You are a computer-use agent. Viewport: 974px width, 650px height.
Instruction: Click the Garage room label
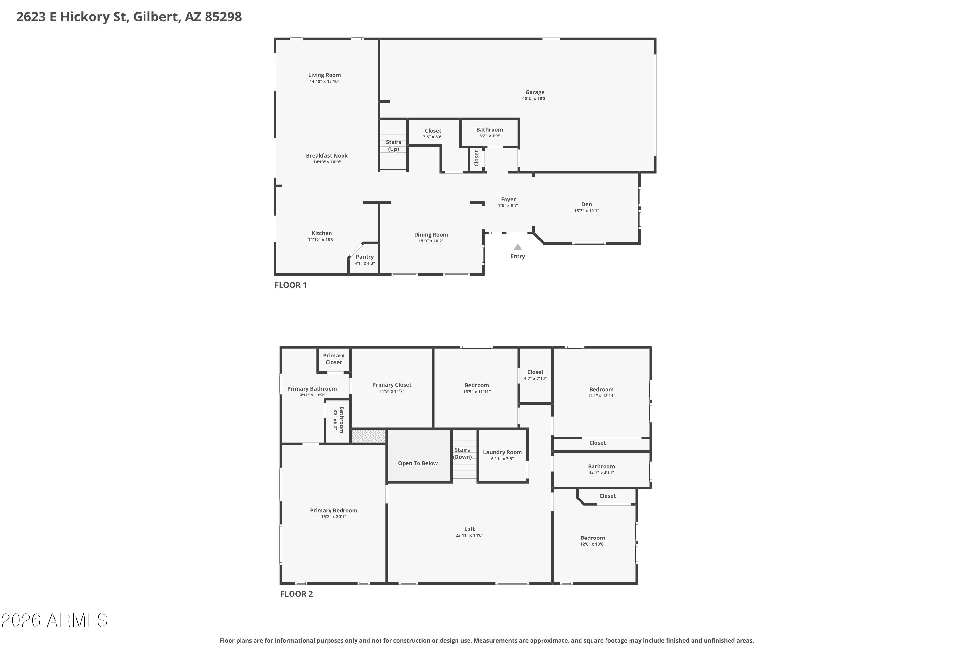(x=535, y=92)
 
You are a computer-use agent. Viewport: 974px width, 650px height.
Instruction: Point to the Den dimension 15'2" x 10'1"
(x=586, y=211)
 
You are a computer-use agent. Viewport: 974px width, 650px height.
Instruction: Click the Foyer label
(x=508, y=200)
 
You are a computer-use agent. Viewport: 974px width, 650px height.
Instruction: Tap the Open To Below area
(x=418, y=463)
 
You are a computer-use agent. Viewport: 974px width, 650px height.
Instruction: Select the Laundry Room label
(x=502, y=452)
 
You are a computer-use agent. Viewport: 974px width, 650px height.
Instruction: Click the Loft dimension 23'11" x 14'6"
(x=469, y=535)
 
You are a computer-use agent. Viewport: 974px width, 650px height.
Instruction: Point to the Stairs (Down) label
(x=462, y=453)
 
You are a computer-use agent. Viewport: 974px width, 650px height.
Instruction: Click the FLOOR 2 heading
(x=296, y=594)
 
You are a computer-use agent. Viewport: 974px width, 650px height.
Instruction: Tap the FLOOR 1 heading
(x=291, y=285)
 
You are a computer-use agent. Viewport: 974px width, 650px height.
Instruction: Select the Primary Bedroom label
(x=333, y=510)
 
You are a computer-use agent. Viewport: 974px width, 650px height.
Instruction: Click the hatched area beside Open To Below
(x=368, y=436)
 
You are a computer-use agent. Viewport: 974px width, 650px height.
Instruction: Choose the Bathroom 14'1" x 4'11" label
(x=601, y=466)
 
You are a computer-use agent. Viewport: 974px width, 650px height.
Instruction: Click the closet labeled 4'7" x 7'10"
(x=535, y=375)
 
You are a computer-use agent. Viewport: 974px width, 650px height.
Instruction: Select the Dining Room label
(x=431, y=235)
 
